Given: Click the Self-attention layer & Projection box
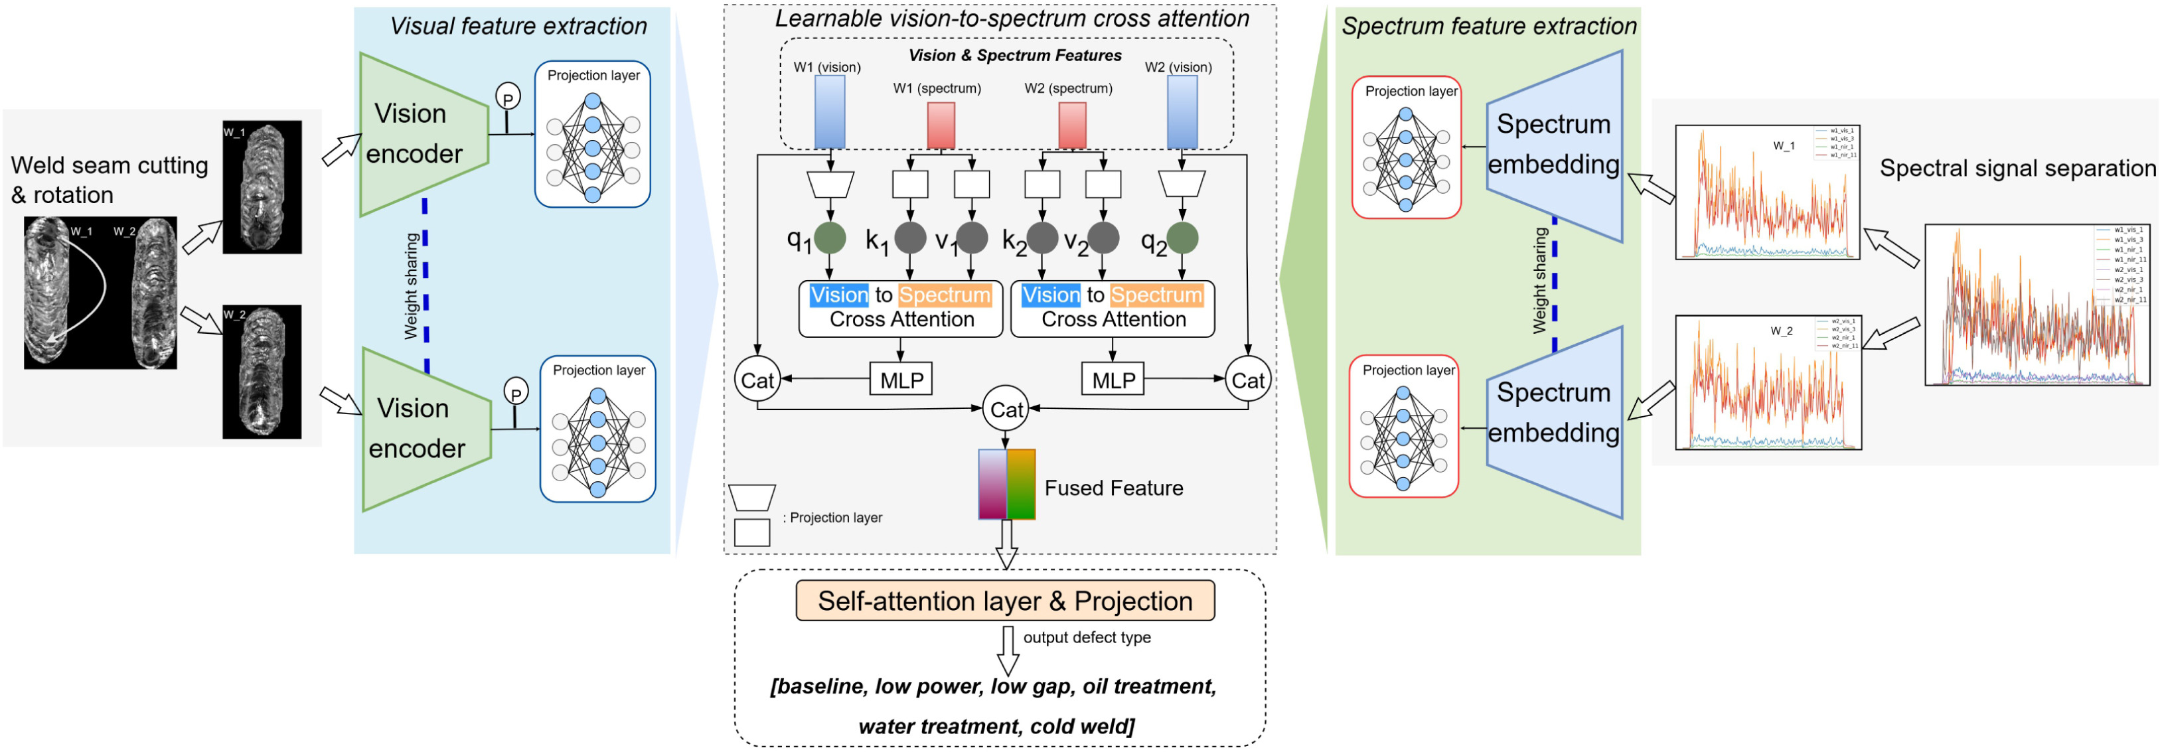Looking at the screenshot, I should pos(1004,601).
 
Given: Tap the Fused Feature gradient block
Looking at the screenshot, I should pos(1006,485).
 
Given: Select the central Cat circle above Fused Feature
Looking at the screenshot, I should pos(1006,410).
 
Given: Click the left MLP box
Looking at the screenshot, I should pos(901,380).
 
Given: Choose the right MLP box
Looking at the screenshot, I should pos(1113,380).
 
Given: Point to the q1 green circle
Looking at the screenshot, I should pos(829,238).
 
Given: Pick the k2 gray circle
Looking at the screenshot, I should pos(1042,238).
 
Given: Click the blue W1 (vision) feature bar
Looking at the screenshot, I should pos(829,112).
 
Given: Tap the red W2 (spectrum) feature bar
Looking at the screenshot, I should pos(1072,125).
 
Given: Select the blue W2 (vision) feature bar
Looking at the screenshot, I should pos(1182,112).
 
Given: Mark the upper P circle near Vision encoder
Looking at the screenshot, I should pos(507,98).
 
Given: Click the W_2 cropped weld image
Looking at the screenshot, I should pos(262,371).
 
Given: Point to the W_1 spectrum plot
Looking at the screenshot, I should pos(1766,192).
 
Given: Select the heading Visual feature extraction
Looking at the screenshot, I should pos(518,26).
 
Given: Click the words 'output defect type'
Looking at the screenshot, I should pos(1086,638).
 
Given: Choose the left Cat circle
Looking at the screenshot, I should pos(756,380).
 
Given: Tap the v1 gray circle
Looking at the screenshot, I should pos(972,238).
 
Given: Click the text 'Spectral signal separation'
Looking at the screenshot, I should pos(2017,169).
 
